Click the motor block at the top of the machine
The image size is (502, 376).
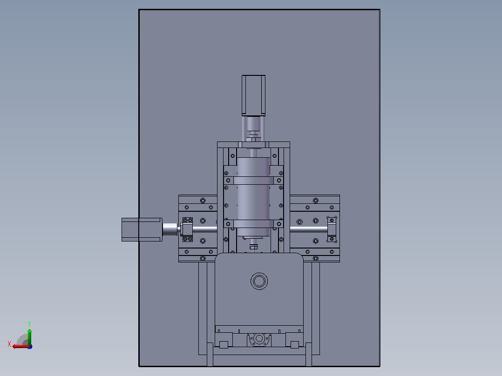pyautogui.click(x=253, y=95)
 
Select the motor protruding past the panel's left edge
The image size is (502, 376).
pyautogui.click(x=142, y=229)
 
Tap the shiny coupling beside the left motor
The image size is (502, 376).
pyautogui.click(x=170, y=229)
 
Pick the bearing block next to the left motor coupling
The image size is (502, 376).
pyautogui.click(x=187, y=229)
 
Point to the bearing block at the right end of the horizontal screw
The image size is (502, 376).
pyautogui.click(x=332, y=229)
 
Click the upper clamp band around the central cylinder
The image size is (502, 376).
pyautogui.click(x=253, y=181)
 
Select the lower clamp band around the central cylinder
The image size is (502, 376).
pyautogui.click(x=253, y=224)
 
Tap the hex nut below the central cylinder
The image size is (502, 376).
pyautogui.click(x=253, y=247)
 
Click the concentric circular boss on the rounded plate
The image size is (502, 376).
pyautogui.click(x=259, y=281)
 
